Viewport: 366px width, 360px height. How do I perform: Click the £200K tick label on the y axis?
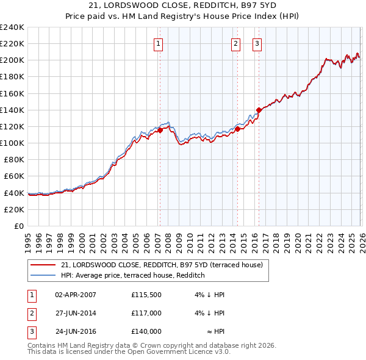tap(12, 60)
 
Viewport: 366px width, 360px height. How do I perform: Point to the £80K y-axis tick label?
tap(13, 160)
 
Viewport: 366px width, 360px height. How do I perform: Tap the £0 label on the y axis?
tap(19, 226)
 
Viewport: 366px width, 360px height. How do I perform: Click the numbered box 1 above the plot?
tap(158, 43)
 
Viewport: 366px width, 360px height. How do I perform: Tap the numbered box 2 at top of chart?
tap(235, 43)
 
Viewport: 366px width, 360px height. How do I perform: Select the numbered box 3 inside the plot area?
tap(257, 43)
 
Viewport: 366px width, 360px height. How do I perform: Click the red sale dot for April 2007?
tap(160, 130)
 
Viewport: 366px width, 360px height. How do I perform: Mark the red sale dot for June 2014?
tap(237, 129)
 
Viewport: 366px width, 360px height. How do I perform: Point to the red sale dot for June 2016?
tap(259, 110)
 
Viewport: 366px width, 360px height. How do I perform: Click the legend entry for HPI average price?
tap(132, 276)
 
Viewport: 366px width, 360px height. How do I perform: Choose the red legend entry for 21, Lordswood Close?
tap(162, 265)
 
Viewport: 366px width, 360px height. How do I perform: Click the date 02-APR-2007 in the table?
tap(76, 295)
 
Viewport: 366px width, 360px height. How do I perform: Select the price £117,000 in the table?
tap(146, 313)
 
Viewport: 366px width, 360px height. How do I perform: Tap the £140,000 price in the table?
tap(146, 331)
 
